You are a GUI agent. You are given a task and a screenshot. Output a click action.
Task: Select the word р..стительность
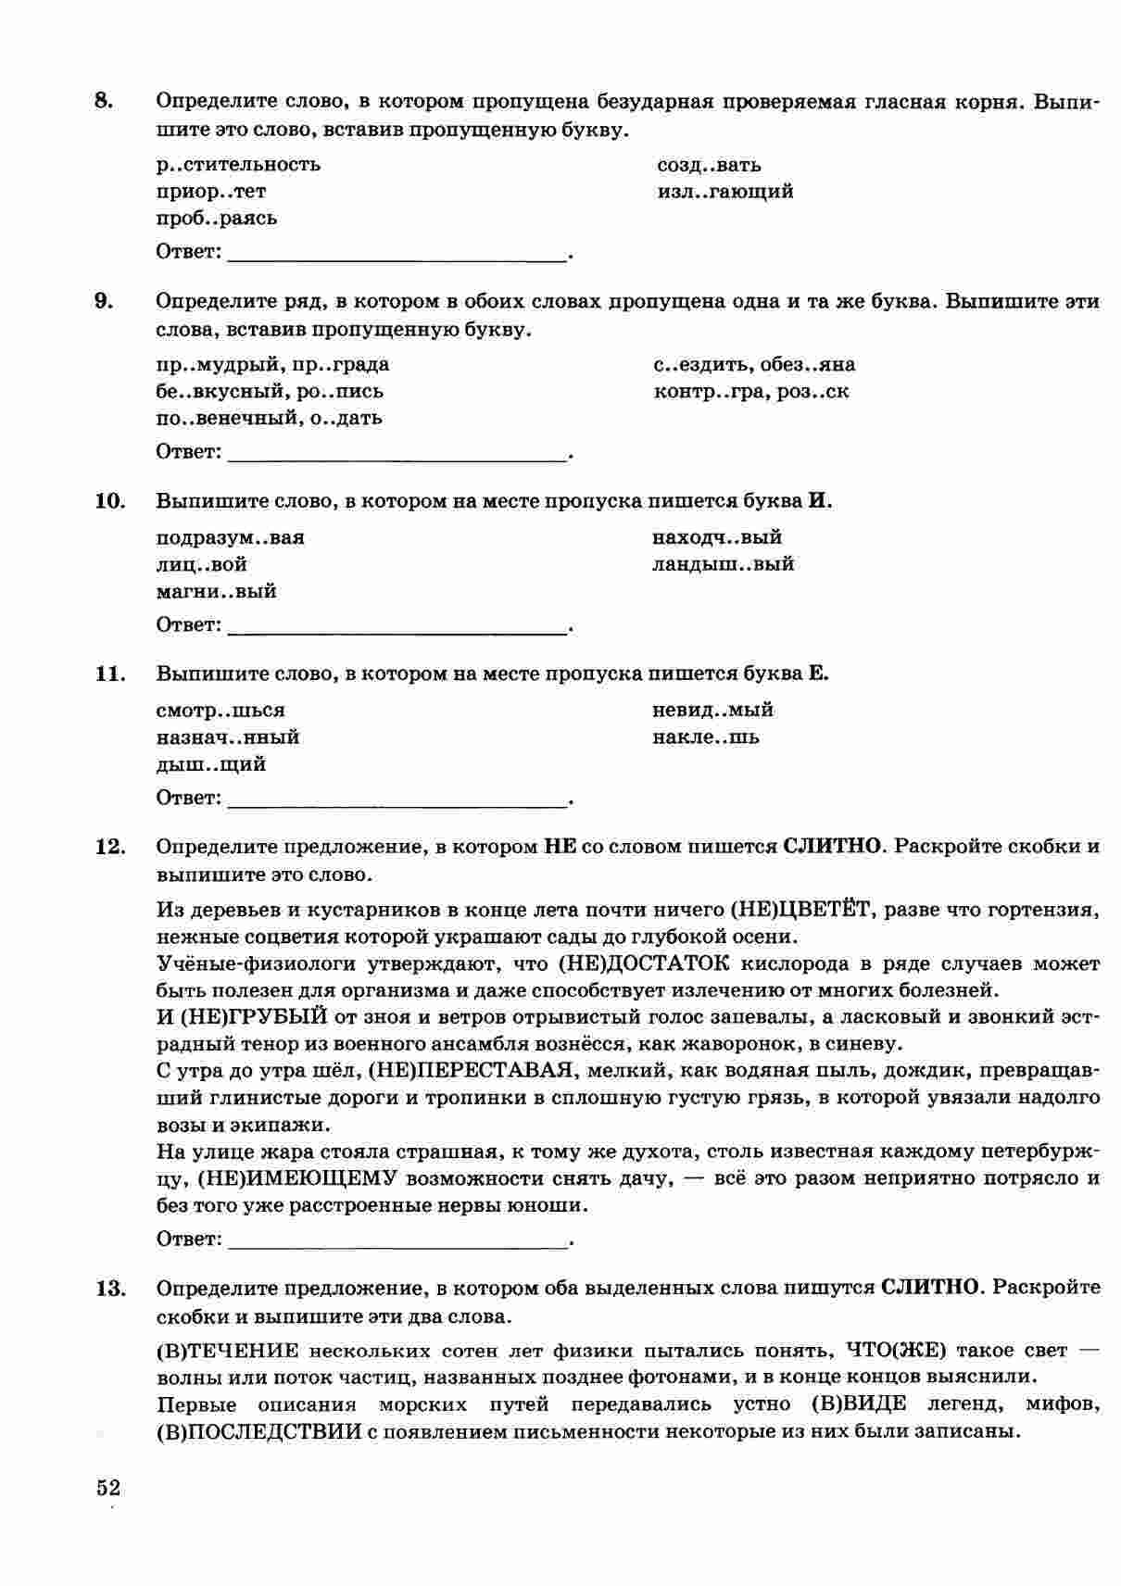238,165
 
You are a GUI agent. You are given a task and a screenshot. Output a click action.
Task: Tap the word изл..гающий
724,192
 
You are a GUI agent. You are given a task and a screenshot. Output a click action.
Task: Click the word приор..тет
211,192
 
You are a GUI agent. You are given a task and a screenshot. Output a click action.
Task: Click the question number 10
108,501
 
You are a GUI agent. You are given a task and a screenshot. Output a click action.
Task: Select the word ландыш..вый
723,564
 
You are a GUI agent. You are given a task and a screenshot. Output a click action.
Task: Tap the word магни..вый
216,591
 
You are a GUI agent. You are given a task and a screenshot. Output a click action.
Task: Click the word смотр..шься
220,711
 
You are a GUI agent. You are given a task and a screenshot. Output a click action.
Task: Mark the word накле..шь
706,737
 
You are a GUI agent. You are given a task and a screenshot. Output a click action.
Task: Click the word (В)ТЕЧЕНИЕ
228,1351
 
